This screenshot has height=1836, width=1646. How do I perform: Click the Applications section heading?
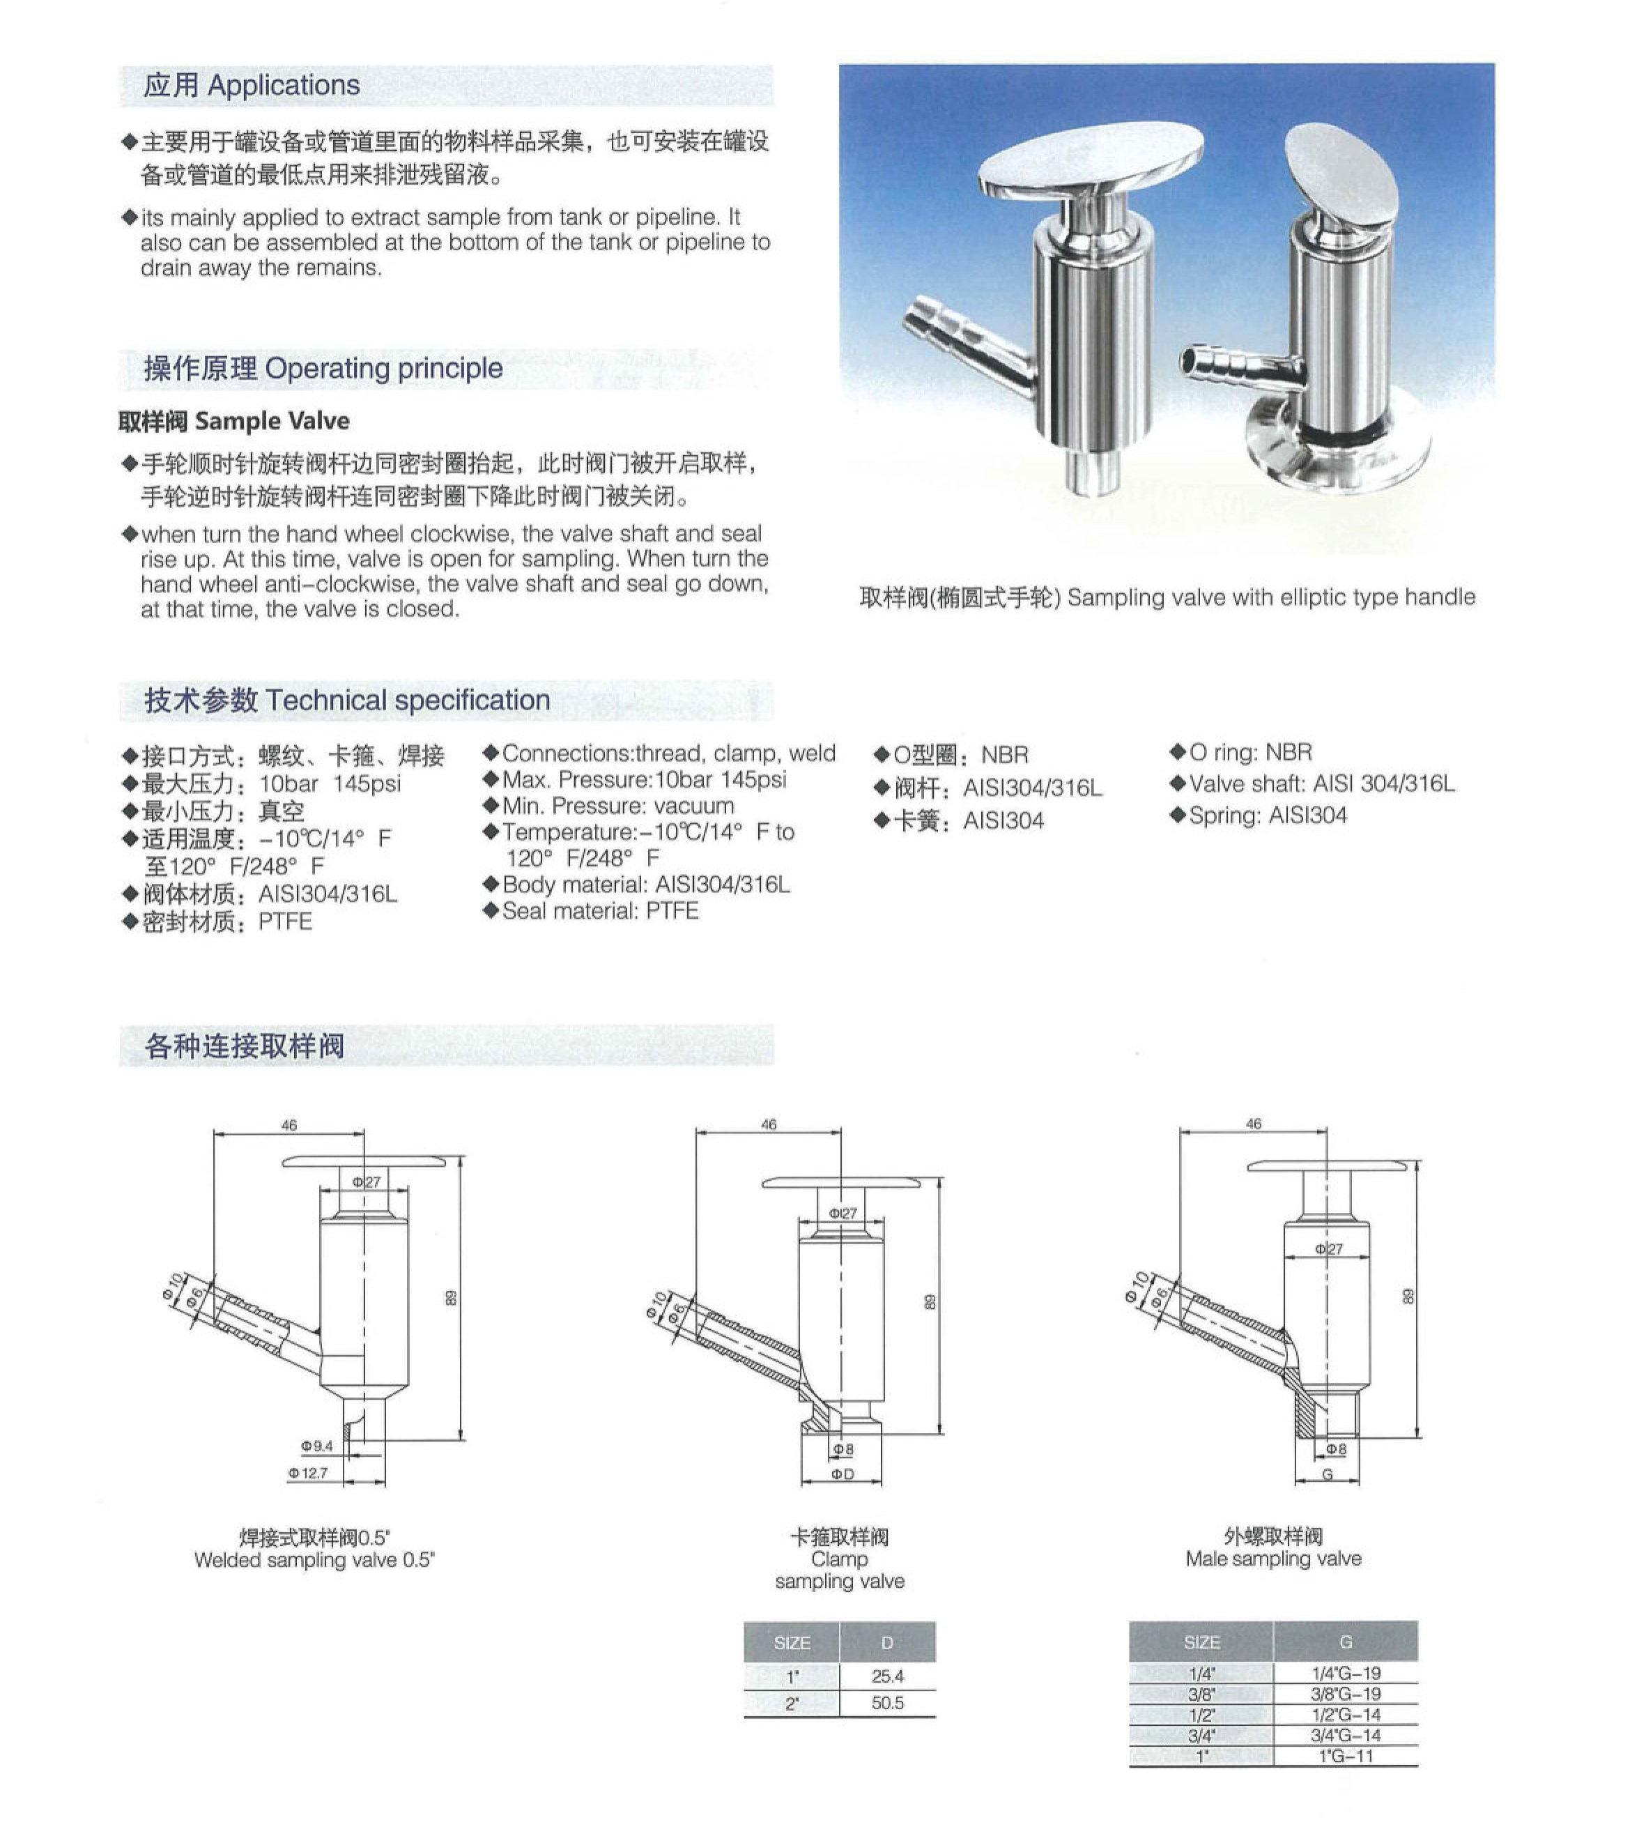click(252, 85)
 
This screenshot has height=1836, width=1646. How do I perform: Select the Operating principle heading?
click(323, 368)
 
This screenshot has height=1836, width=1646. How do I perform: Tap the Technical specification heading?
click(347, 700)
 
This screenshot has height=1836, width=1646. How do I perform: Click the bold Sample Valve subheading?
click(233, 420)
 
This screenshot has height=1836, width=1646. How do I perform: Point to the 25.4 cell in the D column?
click(887, 1676)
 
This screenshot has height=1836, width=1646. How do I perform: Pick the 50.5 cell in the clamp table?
click(887, 1703)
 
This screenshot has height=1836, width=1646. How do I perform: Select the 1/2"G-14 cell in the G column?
click(1345, 1714)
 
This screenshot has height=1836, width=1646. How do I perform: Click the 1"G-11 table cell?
click(1345, 1756)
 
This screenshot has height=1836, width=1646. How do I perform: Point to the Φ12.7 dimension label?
click(309, 1472)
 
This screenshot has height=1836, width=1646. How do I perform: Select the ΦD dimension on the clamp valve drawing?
click(842, 1474)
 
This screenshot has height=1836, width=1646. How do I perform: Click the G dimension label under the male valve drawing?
click(1328, 1474)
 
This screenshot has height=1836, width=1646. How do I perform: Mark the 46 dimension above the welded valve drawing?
click(289, 1125)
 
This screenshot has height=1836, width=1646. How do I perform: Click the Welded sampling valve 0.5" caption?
click(314, 1559)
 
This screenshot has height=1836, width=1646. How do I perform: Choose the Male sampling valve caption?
click(1273, 1559)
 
